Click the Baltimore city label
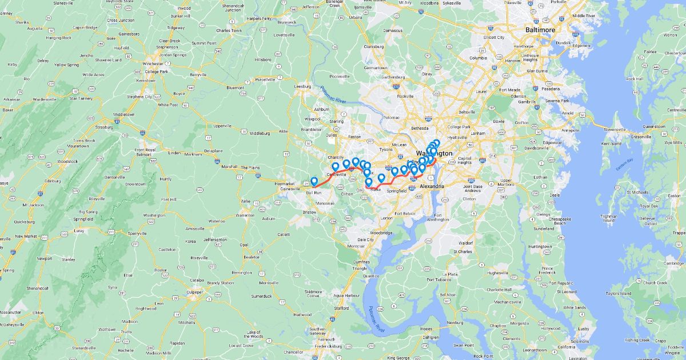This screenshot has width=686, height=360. coord(540,30)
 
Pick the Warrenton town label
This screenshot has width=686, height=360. coord(245,215)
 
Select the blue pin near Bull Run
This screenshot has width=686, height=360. coord(314,182)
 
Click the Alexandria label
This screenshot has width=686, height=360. coord(432,186)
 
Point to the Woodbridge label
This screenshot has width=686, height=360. coord(381,233)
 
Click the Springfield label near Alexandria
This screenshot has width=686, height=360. coord(397,191)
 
